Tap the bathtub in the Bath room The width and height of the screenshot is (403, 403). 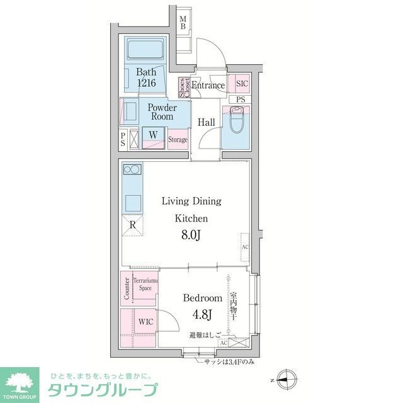pos(145,48)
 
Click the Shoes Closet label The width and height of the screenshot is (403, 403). pos(183,87)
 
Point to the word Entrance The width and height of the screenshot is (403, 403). pos(208,86)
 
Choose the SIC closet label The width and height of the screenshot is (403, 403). pos(241,83)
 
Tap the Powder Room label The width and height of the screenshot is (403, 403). pos(162,112)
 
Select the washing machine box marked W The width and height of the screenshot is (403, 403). pos(153,135)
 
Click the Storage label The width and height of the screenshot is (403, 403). pos(178,139)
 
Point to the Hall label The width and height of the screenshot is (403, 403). pos(207,122)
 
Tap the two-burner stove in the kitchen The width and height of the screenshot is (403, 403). pos(132,169)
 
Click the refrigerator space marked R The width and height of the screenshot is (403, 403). pos(132,224)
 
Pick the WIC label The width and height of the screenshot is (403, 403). pos(145,321)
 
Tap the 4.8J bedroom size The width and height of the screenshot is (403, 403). pos(201,314)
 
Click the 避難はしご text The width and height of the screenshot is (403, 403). pos(205,337)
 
